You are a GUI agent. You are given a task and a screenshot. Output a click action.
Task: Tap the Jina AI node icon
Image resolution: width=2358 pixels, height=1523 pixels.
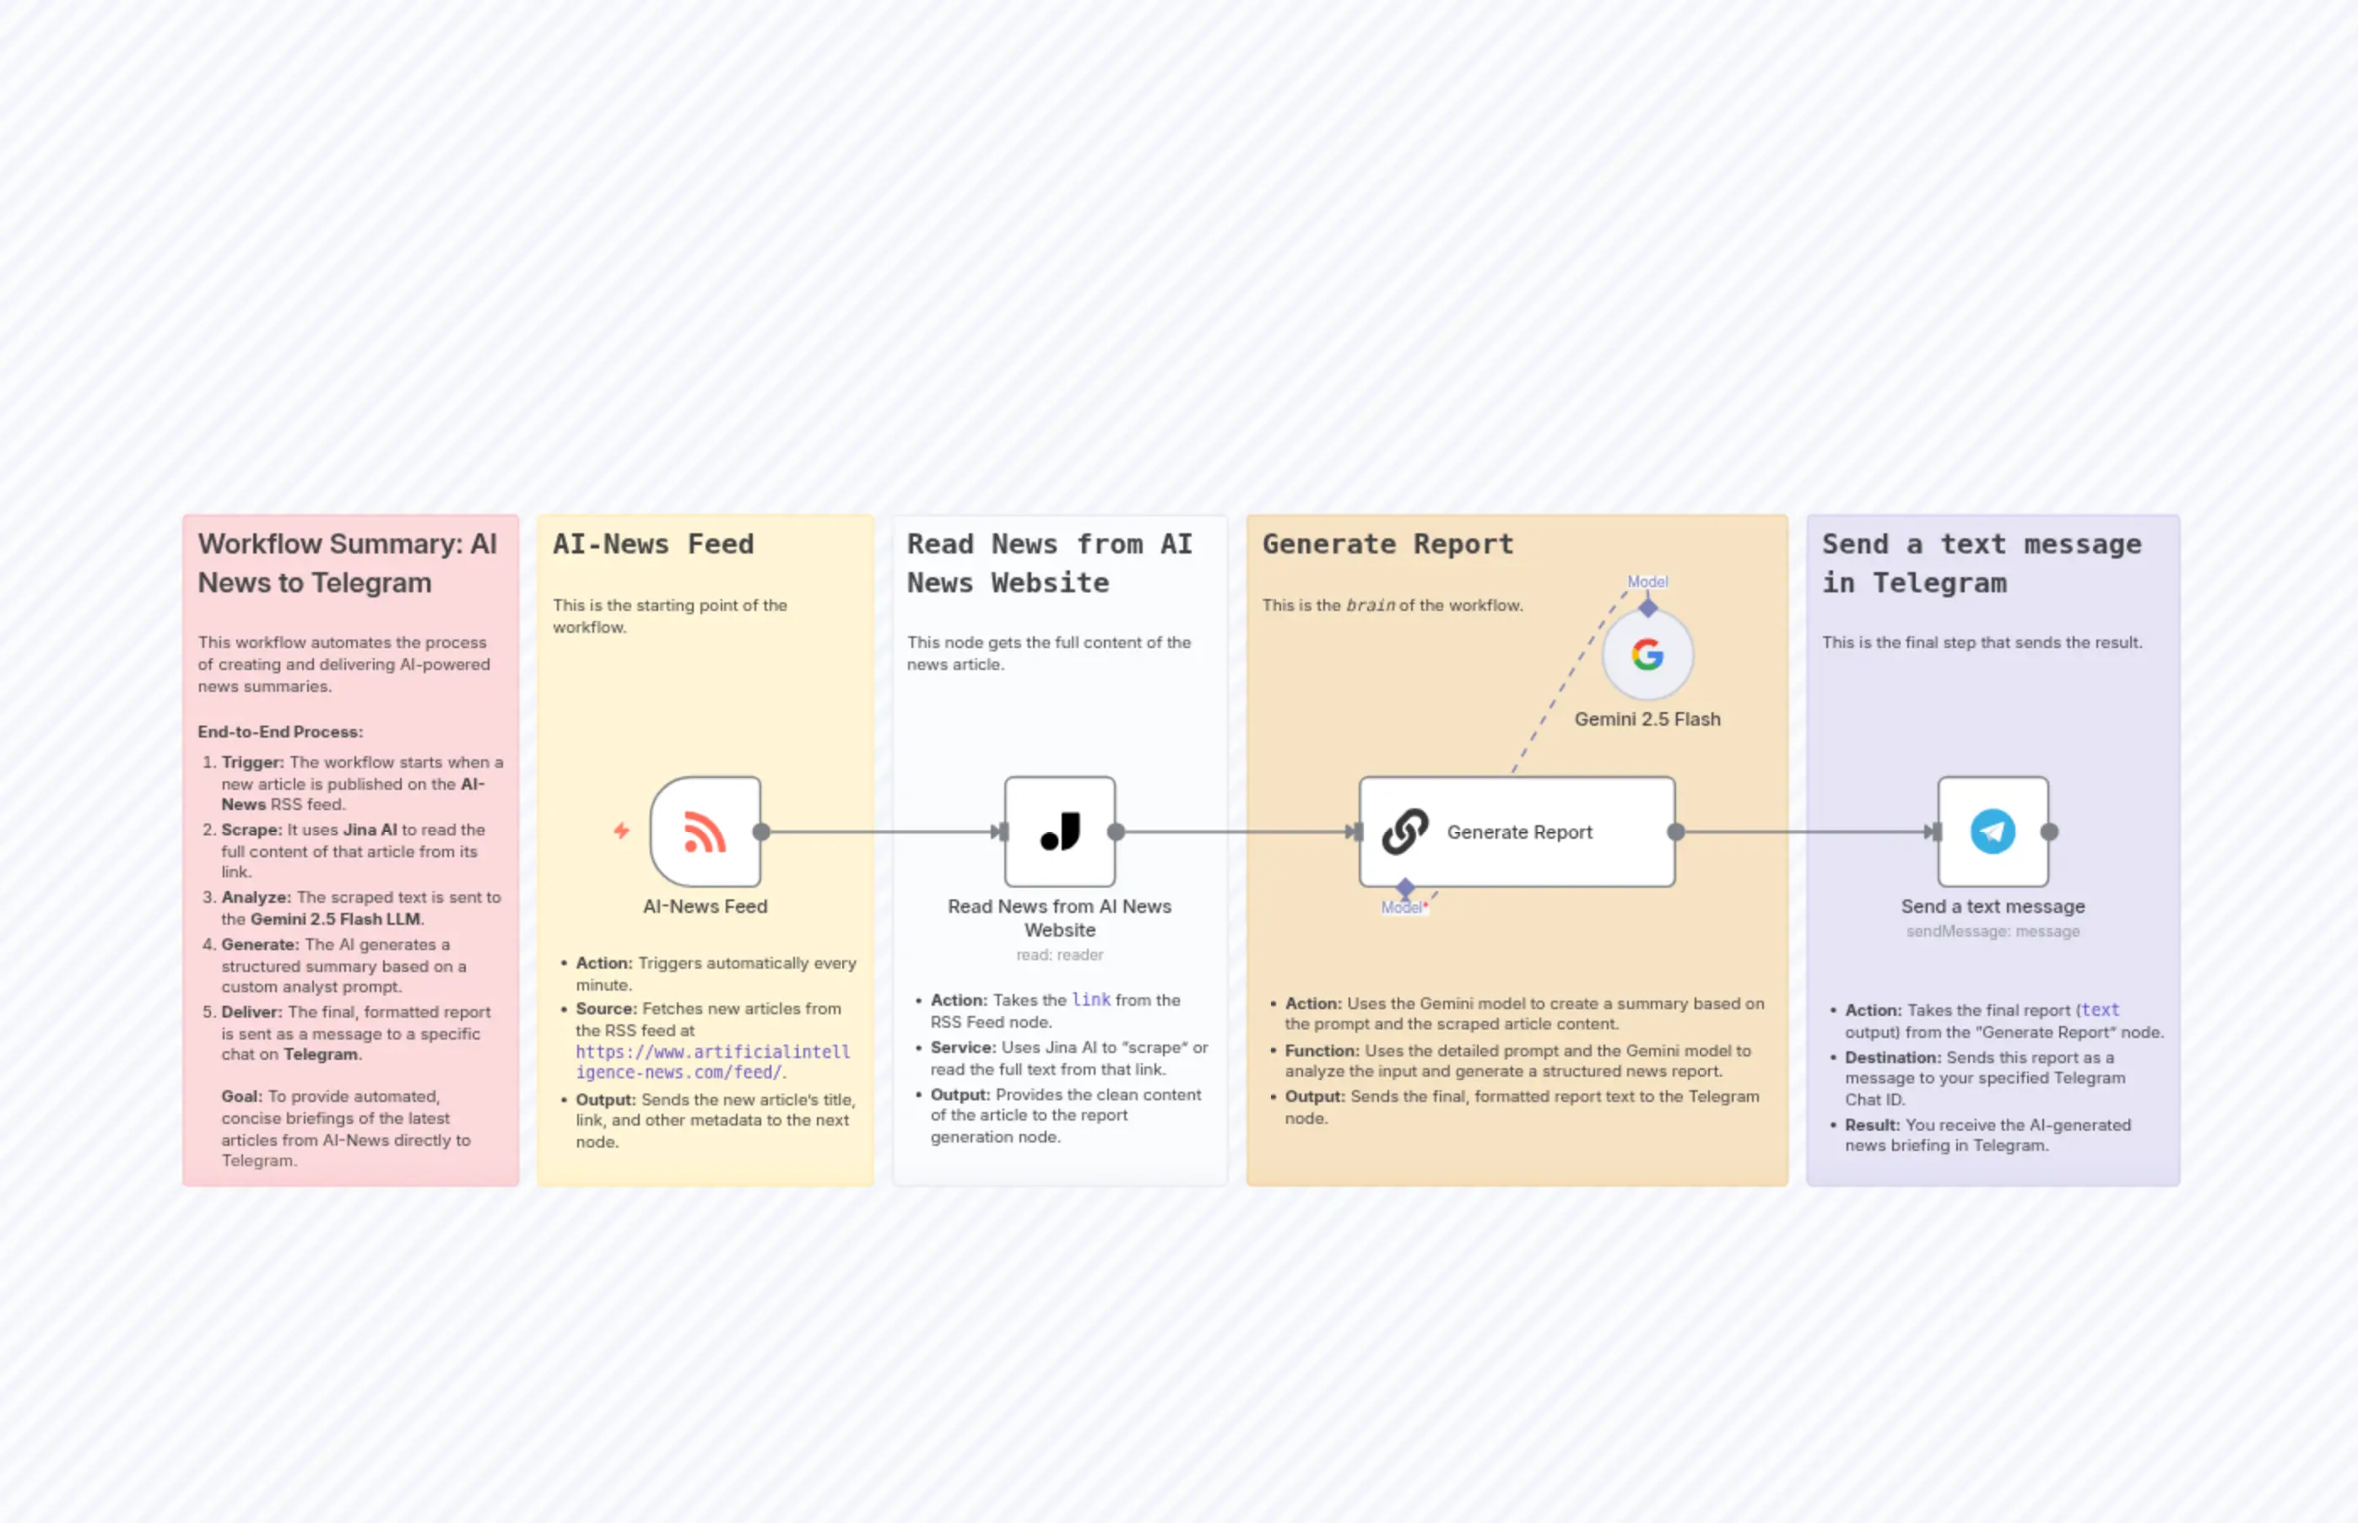(x=1060, y=832)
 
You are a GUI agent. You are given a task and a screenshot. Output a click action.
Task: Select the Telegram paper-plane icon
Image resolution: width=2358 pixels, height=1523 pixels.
(x=1992, y=832)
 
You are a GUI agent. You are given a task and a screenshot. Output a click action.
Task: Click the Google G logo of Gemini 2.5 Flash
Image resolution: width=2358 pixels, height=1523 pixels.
(x=1647, y=655)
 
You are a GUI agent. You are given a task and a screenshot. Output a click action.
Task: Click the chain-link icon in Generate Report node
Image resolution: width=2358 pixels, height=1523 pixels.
(x=1404, y=832)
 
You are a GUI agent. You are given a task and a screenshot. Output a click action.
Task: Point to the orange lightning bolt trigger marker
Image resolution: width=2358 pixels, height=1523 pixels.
(x=621, y=831)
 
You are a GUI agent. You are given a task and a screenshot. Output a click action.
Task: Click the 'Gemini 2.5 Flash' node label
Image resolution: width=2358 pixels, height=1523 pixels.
(x=1647, y=719)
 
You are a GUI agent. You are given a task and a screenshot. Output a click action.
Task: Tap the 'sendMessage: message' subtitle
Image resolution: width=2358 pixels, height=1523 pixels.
(x=1992, y=932)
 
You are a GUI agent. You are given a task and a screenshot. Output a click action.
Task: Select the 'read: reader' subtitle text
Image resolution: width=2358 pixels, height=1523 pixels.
(x=1059, y=955)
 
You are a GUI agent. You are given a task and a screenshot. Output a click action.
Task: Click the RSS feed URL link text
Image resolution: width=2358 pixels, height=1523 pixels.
(x=712, y=1062)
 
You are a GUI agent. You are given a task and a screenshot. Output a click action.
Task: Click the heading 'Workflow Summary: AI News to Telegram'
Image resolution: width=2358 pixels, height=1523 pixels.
(x=347, y=563)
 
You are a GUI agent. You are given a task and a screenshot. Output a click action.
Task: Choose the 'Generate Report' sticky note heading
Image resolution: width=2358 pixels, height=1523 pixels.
(x=1387, y=544)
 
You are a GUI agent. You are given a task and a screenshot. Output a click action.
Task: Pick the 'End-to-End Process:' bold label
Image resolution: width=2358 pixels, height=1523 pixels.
(x=280, y=732)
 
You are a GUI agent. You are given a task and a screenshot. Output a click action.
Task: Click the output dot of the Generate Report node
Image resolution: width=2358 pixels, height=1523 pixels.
(x=1675, y=832)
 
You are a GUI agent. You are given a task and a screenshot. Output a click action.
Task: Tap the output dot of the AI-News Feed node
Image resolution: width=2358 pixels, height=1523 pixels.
(x=760, y=832)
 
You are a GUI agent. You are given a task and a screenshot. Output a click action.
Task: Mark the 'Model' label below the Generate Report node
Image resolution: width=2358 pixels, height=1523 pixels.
(x=1402, y=908)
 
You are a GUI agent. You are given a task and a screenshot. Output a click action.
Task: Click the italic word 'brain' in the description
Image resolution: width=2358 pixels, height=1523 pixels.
(x=1370, y=605)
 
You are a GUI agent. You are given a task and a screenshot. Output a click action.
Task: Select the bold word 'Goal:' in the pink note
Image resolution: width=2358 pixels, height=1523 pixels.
(x=242, y=1097)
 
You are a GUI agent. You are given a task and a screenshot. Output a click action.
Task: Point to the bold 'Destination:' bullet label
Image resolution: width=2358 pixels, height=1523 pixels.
(x=1892, y=1057)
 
